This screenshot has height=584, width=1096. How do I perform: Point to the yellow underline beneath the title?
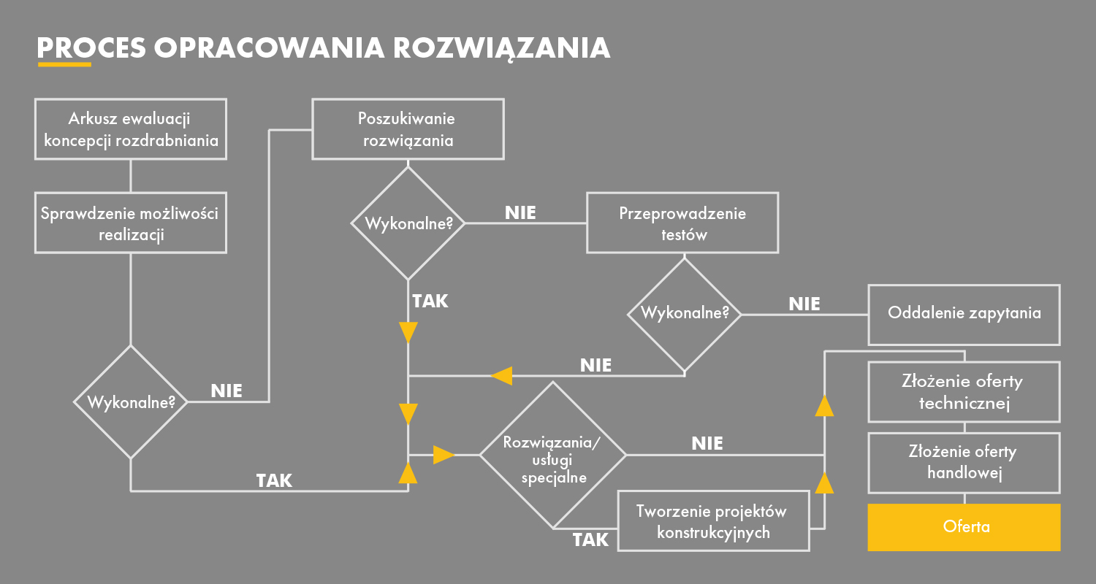(64, 64)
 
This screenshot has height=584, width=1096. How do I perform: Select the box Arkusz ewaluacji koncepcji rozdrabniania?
(131, 129)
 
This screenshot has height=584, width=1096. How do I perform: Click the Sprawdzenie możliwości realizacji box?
(131, 223)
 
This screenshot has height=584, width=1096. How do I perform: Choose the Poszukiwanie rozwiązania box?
(407, 128)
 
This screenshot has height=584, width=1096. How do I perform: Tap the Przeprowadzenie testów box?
(682, 223)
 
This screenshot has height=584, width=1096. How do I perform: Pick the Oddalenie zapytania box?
(964, 314)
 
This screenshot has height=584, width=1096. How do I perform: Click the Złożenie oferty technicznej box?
(964, 391)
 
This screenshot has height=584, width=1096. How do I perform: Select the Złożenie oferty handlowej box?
(964, 462)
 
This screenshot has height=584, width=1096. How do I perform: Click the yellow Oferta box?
(964, 526)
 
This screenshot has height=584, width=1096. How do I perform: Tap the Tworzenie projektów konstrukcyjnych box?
(713, 520)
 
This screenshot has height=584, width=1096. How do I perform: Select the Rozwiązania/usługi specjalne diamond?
(552, 455)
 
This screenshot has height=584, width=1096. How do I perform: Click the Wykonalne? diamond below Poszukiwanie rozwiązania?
(408, 223)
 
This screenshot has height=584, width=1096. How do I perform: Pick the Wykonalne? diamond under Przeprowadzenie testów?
(685, 314)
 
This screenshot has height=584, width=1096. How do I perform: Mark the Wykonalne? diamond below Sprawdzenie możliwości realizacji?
(131, 401)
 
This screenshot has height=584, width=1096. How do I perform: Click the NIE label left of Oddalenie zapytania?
(804, 304)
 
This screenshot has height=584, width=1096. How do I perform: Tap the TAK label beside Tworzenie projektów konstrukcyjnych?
(590, 540)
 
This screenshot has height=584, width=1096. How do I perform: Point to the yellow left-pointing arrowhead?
(502, 376)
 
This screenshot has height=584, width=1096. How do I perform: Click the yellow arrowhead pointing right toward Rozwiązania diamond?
(444, 455)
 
